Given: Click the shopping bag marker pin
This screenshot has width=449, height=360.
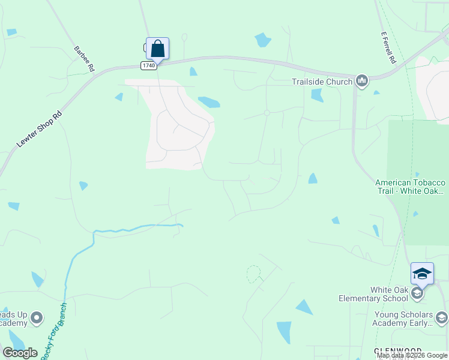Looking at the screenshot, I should coord(157,48).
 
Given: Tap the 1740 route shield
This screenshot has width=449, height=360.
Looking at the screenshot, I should coord(149,65).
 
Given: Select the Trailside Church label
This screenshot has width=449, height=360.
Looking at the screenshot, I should coord(322,82).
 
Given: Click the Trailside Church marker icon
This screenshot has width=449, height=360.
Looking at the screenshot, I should coord(361,80).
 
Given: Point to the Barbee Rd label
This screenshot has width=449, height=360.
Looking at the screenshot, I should coord(84,59).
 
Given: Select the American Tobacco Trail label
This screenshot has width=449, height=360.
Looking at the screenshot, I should coord(410,187).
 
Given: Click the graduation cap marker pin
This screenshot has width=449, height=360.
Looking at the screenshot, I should coord(422,273).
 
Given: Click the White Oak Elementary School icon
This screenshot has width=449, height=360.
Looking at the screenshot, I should coord(418,293).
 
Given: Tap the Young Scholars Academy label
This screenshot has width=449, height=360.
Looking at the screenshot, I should coord(403,319).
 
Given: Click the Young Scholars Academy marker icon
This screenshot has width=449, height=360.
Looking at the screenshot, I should coord(442,317).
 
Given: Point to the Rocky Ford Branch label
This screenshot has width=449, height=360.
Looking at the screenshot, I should coord(54,330).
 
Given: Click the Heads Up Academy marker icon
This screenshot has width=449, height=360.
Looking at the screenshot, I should coord(37,317).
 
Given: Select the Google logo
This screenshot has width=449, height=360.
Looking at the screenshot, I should coord(20,353).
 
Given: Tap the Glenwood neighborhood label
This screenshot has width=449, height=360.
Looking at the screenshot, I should coord(397,350).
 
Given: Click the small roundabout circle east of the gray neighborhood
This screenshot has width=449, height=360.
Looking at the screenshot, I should coord(267,113).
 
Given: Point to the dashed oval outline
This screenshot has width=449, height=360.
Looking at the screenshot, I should coord(254,274).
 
